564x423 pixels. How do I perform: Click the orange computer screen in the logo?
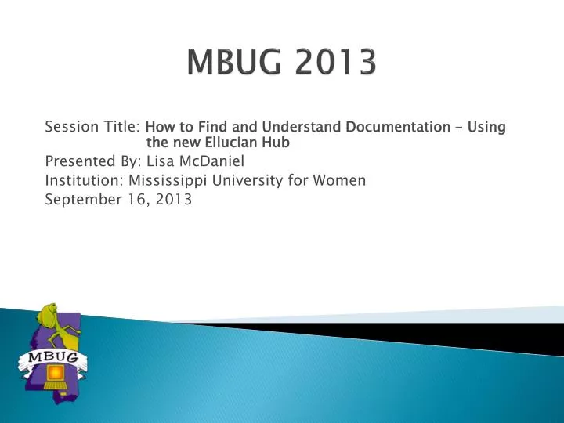[54, 372]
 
